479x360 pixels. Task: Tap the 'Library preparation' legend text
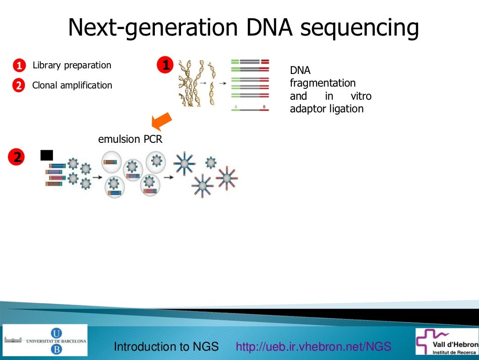coord(72,66)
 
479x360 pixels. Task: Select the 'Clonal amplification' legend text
coord(72,86)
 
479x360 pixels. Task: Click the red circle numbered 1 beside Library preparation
coord(18,66)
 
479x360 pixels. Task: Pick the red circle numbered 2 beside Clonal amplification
coord(18,86)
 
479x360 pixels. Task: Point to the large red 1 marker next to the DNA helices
coord(165,65)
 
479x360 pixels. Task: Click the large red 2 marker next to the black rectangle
coord(17,157)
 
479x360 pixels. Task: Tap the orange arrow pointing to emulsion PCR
coord(162,120)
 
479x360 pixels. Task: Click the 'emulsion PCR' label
coord(130,139)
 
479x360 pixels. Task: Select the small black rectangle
coord(47,155)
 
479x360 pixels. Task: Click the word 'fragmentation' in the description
coord(323,83)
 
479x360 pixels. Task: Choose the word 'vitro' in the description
coord(361,96)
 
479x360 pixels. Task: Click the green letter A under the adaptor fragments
coord(236,108)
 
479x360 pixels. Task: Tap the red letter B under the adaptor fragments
coord(265,108)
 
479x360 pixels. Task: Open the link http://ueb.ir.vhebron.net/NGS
coord(313,347)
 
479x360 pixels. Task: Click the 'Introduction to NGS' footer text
coord(167,347)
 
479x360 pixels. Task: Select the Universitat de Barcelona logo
coord(45,340)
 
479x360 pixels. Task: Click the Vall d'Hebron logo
coord(447,341)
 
